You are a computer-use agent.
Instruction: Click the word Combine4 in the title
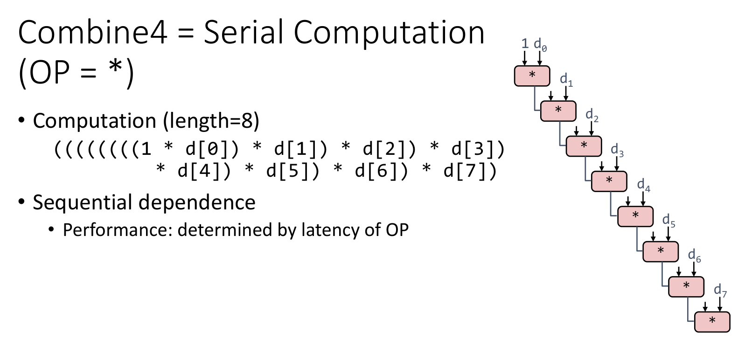coord(92,32)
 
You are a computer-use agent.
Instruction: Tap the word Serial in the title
coord(243,32)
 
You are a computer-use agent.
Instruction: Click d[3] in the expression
coord(473,149)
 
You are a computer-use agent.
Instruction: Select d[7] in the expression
coord(465,171)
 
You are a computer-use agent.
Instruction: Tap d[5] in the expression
coord(288,171)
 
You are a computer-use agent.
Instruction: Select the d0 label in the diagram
coord(540,45)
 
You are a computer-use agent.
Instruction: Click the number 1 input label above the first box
coord(525,43)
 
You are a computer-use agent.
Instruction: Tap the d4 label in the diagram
coord(644,185)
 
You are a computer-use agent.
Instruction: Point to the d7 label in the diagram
coord(720,290)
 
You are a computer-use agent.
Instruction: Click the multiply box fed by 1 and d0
coord(532,76)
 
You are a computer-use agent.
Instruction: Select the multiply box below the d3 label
coord(609,181)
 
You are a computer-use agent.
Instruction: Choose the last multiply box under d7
coord(712,322)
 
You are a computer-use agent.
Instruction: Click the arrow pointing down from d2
coord(592,129)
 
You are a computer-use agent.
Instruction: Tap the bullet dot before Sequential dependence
coord(21,201)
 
